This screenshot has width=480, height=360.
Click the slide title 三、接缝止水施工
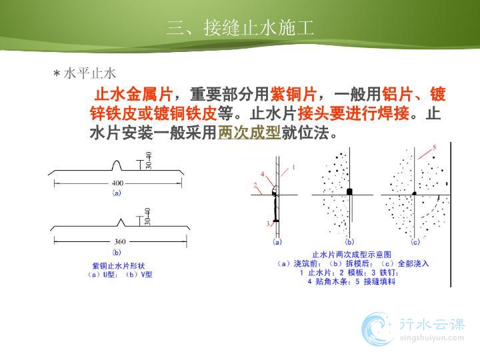pyautogui.click(x=240, y=28)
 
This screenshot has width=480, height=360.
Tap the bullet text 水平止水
pyautogui.click(x=90, y=74)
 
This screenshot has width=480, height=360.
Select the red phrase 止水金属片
pyautogui.click(x=133, y=94)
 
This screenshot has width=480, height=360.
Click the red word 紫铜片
pyautogui.click(x=293, y=94)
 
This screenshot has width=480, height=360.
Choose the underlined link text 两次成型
pyautogui.click(x=249, y=133)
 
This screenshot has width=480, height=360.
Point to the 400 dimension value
pyautogui.click(x=117, y=183)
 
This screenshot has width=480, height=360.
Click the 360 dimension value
pyautogui.click(x=120, y=241)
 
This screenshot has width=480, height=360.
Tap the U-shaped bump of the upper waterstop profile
pyautogui.click(x=116, y=165)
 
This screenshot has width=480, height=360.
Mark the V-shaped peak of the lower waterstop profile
pyautogui.click(x=121, y=223)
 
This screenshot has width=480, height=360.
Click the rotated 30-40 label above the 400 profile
pyautogui.click(x=149, y=161)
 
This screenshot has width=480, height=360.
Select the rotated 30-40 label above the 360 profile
pyautogui.click(x=147, y=217)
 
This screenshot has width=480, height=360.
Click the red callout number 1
pyautogui.click(x=293, y=167)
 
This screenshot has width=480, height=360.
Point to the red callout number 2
pyautogui.click(x=255, y=185)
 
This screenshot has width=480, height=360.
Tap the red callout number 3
pyautogui.click(x=268, y=223)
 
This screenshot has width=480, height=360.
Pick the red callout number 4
pyautogui.click(x=263, y=174)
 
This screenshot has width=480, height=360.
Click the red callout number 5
pyautogui.click(x=434, y=147)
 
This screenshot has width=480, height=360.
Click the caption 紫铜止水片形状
pyautogui.click(x=119, y=266)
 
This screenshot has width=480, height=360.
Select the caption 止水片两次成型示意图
pyautogui.click(x=352, y=255)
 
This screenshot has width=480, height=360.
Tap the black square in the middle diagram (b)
pyautogui.click(x=349, y=192)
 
